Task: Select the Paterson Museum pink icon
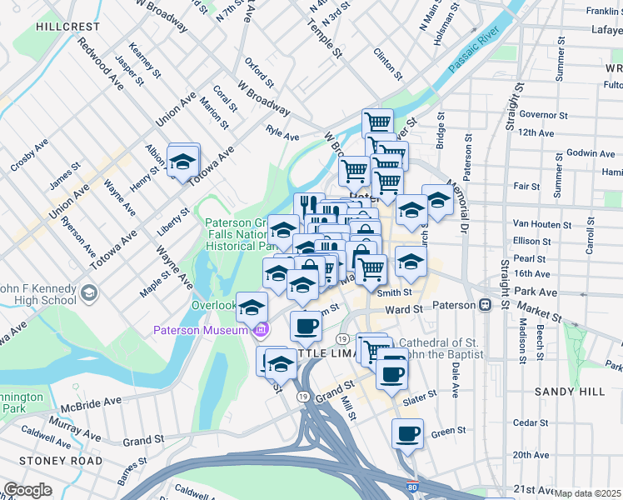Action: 261,331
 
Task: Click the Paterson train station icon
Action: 486,305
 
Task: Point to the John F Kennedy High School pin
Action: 89,293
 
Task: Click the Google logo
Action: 27,490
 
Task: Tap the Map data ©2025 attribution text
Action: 587,493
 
